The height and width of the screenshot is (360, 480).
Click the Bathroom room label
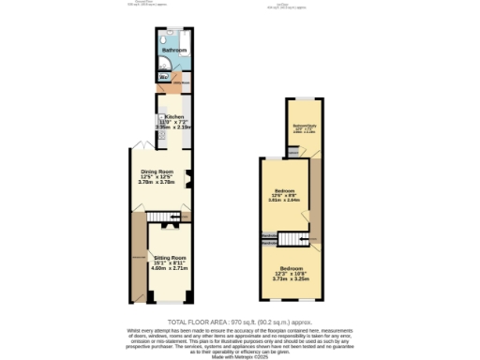(174, 50)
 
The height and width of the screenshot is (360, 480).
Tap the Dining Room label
(157, 172)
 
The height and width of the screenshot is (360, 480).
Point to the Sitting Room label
(170, 256)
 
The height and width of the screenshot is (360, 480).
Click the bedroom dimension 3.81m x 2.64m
(284, 200)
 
